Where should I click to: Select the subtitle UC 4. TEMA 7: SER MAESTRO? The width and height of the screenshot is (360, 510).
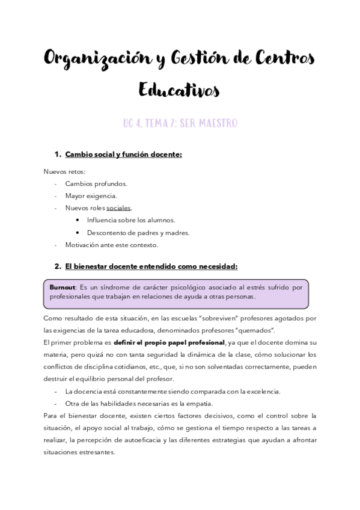[180, 123]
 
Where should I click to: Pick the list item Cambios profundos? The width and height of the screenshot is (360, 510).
[96, 183]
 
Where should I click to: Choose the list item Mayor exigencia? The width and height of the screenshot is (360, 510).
[91, 195]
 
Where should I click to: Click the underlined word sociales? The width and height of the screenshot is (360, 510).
[118, 208]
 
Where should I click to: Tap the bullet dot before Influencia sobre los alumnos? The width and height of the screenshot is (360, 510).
[79, 220]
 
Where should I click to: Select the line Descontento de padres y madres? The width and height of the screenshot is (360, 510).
[138, 232]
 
